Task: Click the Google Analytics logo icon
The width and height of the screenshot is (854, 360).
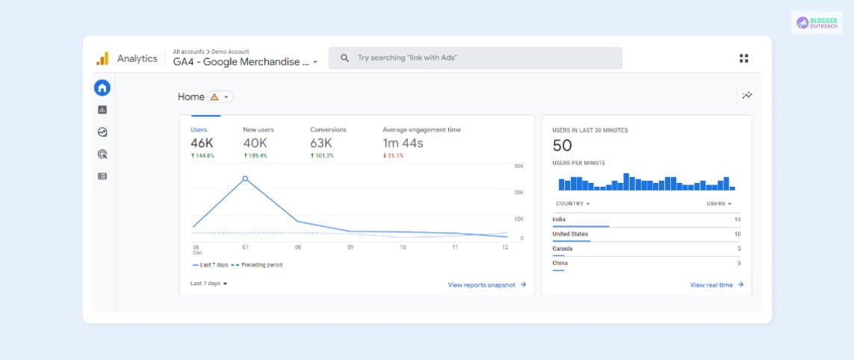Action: point(102,58)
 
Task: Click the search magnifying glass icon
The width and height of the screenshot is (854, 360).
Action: point(344,58)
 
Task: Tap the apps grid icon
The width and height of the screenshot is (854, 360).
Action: point(743,58)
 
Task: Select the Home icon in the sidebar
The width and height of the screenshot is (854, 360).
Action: point(102,87)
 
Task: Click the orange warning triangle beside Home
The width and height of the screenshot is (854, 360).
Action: point(214,97)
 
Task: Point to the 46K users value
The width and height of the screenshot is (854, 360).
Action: point(202,143)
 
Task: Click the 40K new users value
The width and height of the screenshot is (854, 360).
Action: point(255,143)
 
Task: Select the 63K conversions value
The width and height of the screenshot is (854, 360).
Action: point(322,143)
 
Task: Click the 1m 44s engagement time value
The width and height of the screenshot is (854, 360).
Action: point(403,143)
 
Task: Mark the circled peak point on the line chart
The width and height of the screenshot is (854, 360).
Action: point(245,179)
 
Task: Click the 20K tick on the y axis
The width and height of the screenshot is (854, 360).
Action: point(519,192)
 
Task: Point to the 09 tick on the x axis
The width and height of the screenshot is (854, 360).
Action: point(350,246)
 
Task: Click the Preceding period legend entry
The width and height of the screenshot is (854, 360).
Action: point(257,265)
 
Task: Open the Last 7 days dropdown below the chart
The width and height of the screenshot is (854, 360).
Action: point(208,284)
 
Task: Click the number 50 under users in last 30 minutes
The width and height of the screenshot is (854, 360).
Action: point(562,145)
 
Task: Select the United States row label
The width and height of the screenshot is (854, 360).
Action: point(570,234)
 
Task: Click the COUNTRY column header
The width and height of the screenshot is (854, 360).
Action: point(572,203)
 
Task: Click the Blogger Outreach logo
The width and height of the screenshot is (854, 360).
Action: point(816,22)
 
